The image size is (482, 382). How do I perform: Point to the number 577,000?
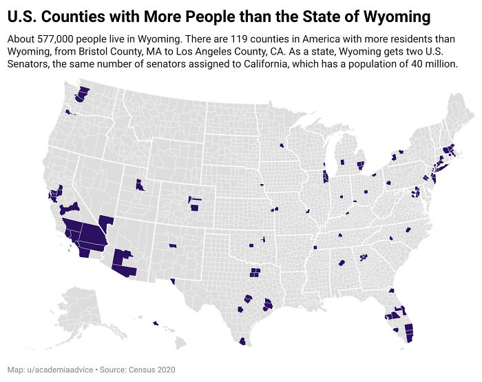[x=54, y=39]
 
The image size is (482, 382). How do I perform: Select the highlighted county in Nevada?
[x=105, y=223]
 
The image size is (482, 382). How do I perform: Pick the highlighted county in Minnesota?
[x=282, y=145]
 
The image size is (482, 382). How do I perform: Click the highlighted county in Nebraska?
[x=262, y=185]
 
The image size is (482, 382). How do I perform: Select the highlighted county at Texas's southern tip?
[x=242, y=341]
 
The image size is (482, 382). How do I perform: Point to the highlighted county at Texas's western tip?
[x=171, y=281]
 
